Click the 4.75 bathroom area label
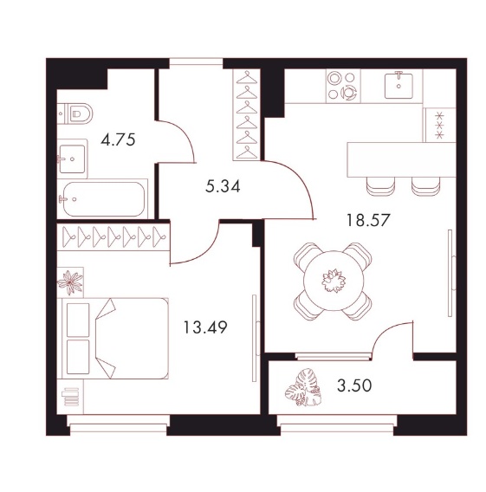(x=118, y=139)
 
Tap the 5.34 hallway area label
(x=223, y=186)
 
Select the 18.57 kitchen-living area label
(x=367, y=220)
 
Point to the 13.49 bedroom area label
(x=205, y=327)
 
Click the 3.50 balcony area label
(x=354, y=385)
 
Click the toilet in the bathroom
(x=75, y=113)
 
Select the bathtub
(x=104, y=199)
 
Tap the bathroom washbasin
(x=72, y=159)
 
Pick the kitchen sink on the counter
(x=399, y=85)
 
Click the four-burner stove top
(x=343, y=86)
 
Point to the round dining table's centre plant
(x=334, y=280)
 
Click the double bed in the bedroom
(x=115, y=338)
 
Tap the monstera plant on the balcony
(x=303, y=387)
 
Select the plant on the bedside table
(x=70, y=282)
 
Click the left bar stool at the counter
(x=380, y=186)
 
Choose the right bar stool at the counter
(x=425, y=186)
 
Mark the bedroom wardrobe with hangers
(x=113, y=236)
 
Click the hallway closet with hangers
(x=247, y=114)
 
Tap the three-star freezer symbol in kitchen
(x=439, y=126)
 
